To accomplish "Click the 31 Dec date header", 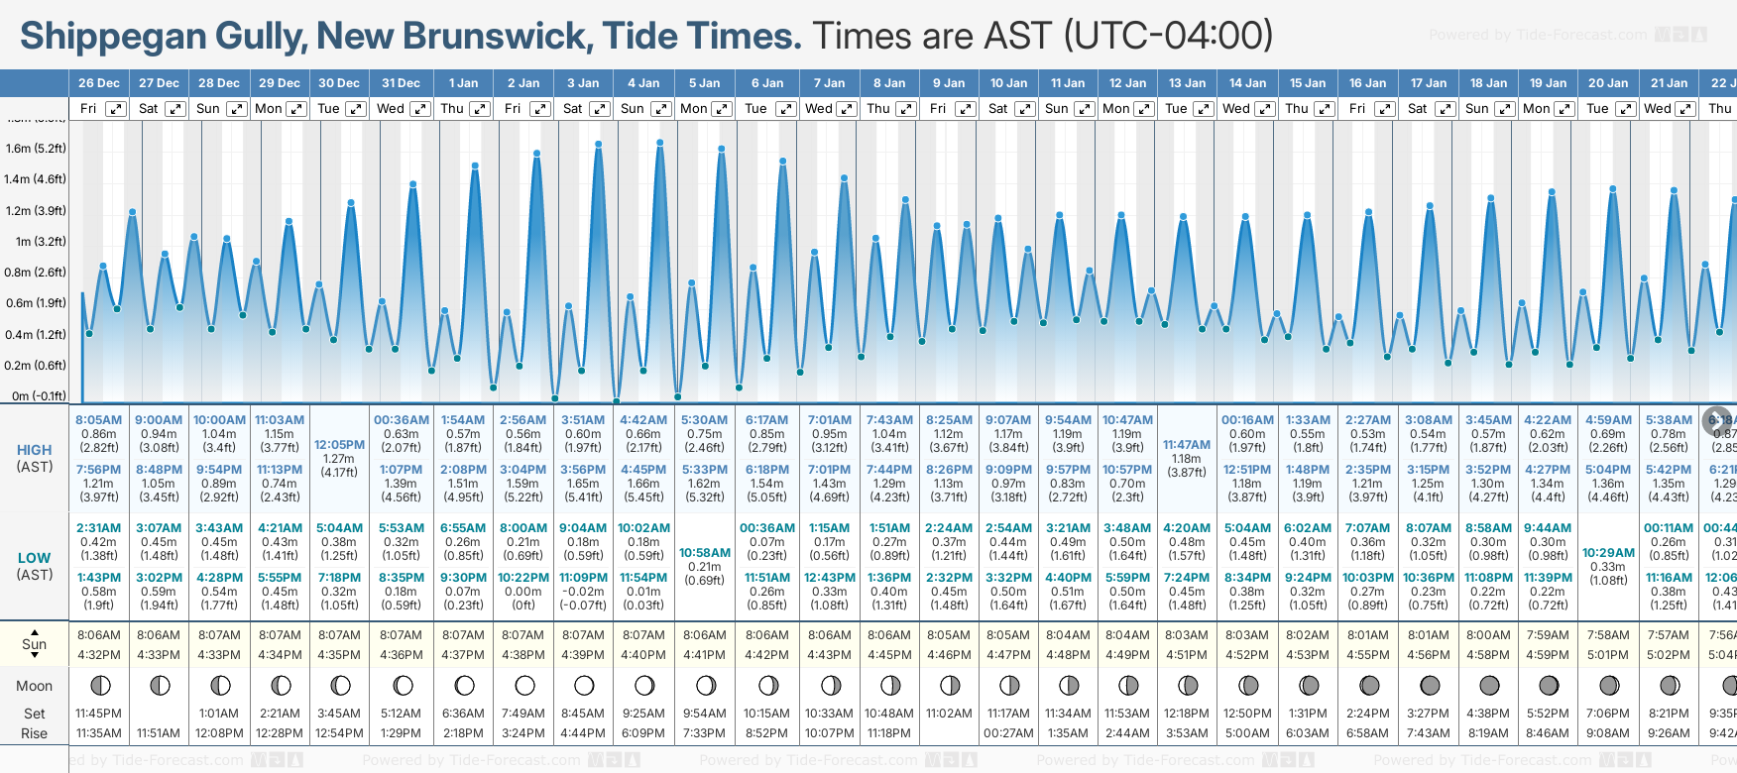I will pyautogui.click(x=401, y=83).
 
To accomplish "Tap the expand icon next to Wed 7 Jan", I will pyautogui.click(x=846, y=109).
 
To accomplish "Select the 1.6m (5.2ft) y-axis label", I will pyautogui.click(x=36, y=149).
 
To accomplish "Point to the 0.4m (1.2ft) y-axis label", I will pyautogui.click(x=36, y=335).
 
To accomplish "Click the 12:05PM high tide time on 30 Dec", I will pyautogui.click(x=339, y=445).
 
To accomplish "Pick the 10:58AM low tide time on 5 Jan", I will pyautogui.click(x=705, y=553).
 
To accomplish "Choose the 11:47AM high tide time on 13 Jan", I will pyautogui.click(x=1187, y=445).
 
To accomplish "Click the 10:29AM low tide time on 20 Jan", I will pyautogui.click(x=1608, y=553).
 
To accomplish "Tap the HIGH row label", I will pyautogui.click(x=35, y=450).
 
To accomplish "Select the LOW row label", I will pyautogui.click(x=35, y=558).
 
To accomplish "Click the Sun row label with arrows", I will pyautogui.click(x=35, y=644).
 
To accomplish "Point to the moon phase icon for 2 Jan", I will pyautogui.click(x=524, y=685).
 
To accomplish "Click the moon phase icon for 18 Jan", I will pyautogui.click(x=1489, y=685).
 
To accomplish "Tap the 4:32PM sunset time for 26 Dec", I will pyautogui.click(x=98, y=655).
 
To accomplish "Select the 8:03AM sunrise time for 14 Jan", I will pyautogui.click(x=1247, y=635).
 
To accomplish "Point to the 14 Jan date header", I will pyautogui.click(x=1248, y=83).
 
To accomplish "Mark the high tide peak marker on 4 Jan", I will pyautogui.click(x=659, y=143).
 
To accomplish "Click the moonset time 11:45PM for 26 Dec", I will pyautogui.click(x=98, y=714).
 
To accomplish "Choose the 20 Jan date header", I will pyautogui.click(x=1608, y=83).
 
